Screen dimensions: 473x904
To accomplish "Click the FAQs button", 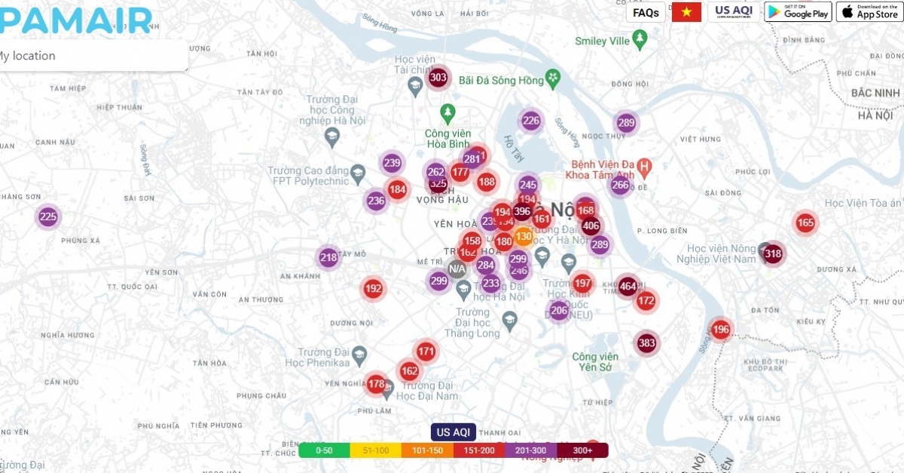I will (646, 12).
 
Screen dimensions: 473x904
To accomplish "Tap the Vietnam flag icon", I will (686, 12).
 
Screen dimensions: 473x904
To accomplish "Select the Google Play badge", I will (798, 12).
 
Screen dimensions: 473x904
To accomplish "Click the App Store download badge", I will (869, 12).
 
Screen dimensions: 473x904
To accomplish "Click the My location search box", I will (90, 56).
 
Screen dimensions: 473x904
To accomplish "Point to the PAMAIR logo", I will (75, 20).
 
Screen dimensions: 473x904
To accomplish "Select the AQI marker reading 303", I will (438, 77).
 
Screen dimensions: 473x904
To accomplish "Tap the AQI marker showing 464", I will (628, 286).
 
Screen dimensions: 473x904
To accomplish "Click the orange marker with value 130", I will (524, 236).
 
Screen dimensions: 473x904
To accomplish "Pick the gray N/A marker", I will (457, 269).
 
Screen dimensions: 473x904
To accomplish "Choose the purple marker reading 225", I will (48, 217).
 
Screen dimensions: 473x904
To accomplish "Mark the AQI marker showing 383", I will (646, 343).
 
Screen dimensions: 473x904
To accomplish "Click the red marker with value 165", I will (805, 223).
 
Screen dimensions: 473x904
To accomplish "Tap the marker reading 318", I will (773, 253).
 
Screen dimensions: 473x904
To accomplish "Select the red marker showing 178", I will (377, 384).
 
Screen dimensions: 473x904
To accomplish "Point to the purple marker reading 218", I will (328, 257).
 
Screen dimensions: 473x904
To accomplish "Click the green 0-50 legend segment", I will (324, 450).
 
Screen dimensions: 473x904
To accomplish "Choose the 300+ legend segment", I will (582, 450).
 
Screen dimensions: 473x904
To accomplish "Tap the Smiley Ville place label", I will (602, 41).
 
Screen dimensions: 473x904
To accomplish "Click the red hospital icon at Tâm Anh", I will (643, 165).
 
